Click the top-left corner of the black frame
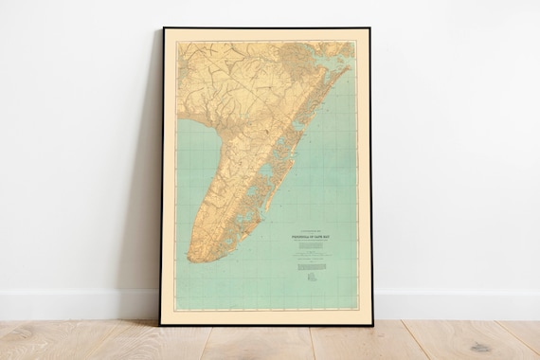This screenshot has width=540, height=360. click(x=163, y=28)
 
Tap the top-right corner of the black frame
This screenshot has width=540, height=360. click(x=369, y=28)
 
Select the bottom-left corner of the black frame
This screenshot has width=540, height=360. click(x=160, y=324)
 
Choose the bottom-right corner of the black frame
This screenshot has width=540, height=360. click(x=372, y=324)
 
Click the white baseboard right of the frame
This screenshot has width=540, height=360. click(x=455, y=304)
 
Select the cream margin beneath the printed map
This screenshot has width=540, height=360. click(x=265, y=316)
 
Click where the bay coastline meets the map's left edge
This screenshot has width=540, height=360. click(x=176, y=123)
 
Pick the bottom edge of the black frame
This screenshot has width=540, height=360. click(x=265, y=324)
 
